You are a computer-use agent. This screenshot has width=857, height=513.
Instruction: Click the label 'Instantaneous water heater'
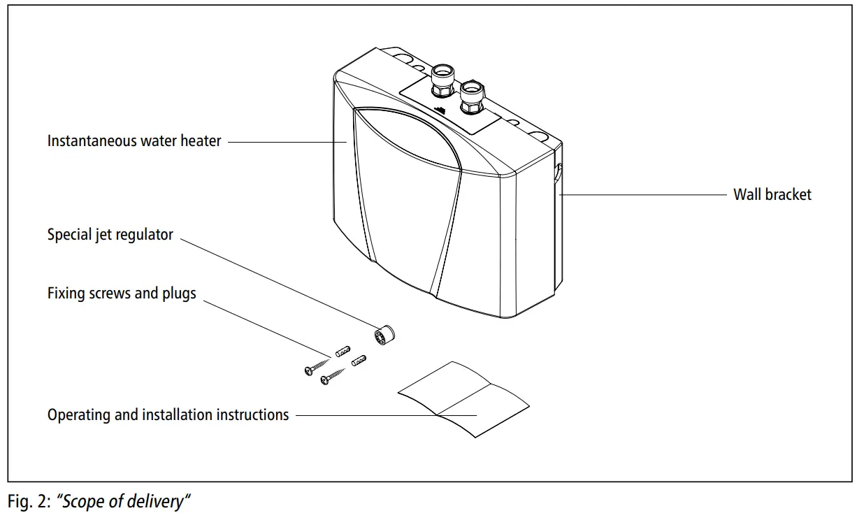click(134, 140)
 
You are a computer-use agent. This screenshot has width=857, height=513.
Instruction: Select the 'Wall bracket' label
click(772, 195)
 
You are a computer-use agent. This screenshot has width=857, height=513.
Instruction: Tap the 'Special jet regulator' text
click(110, 235)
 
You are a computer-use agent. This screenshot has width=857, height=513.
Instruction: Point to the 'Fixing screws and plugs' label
click(122, 293)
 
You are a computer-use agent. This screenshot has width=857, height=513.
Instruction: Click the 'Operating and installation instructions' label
click(168, 414)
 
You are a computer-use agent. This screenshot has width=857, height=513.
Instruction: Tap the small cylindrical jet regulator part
click(384, 336)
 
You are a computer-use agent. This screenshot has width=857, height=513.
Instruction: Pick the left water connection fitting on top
click(442, 80)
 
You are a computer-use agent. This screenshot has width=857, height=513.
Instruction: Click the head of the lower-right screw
click(324, 380)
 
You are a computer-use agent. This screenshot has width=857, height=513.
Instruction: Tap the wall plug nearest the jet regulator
click(359, 362)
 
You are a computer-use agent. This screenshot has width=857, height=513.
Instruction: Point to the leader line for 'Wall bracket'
click(643, 195)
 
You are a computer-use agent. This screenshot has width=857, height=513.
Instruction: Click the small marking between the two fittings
click(441, 110)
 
